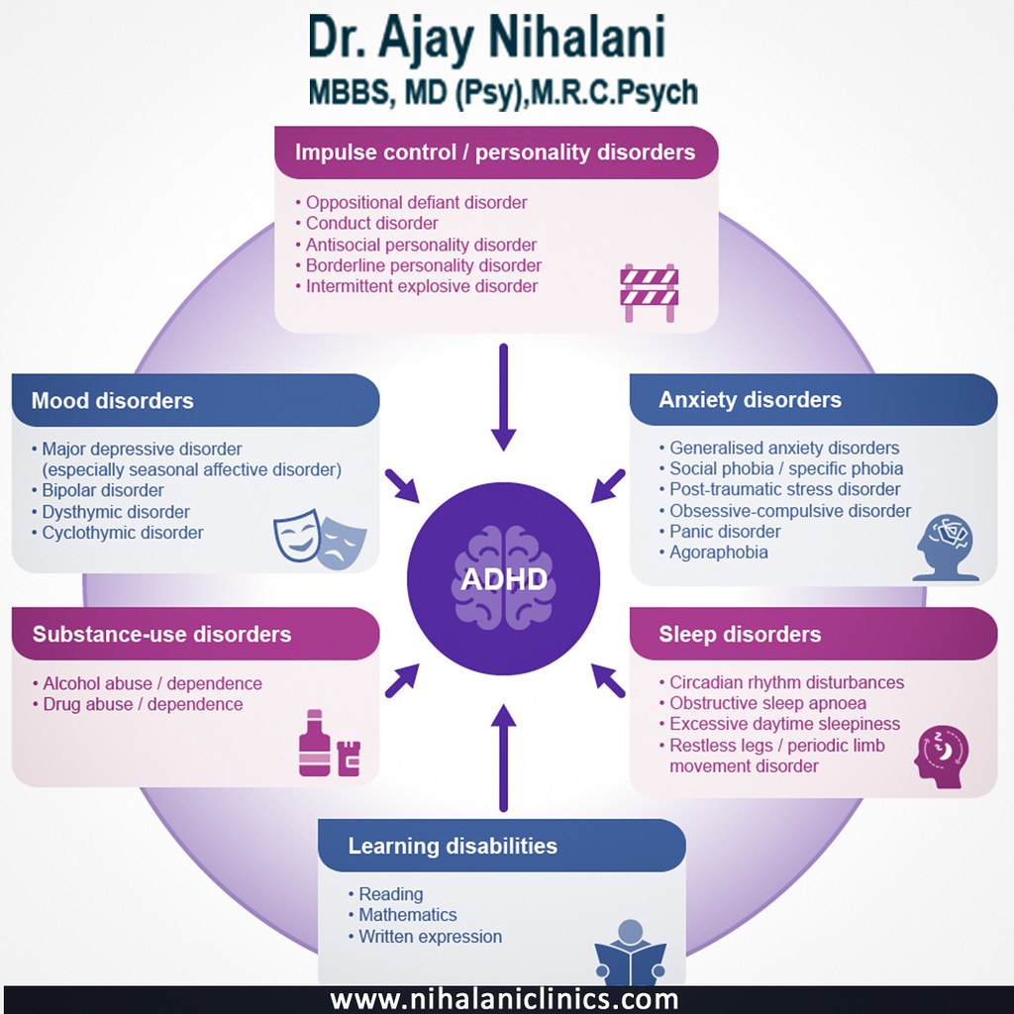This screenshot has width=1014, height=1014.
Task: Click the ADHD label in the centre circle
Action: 503,578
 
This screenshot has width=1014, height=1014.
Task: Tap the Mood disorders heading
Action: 112,401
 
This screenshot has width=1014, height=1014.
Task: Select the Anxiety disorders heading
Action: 750,400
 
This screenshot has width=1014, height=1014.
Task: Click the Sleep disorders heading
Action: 740,634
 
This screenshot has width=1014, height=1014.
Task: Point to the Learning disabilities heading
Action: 453,846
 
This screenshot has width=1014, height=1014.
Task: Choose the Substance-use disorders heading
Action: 161,634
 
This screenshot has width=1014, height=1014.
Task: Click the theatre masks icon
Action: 320,536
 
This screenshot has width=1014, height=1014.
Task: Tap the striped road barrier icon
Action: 649,292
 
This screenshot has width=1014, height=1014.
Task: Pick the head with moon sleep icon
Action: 942,758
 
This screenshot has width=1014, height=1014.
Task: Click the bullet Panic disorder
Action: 725,532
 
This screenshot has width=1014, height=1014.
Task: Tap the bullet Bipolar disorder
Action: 103,490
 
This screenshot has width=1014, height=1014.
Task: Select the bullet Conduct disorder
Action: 371,223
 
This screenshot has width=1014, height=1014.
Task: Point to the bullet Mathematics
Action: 407,915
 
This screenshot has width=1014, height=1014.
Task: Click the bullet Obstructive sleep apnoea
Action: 767,703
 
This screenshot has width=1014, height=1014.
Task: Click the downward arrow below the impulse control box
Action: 504,396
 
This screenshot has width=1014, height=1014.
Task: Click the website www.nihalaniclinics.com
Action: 505,998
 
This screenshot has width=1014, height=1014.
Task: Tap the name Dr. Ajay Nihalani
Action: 485,40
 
